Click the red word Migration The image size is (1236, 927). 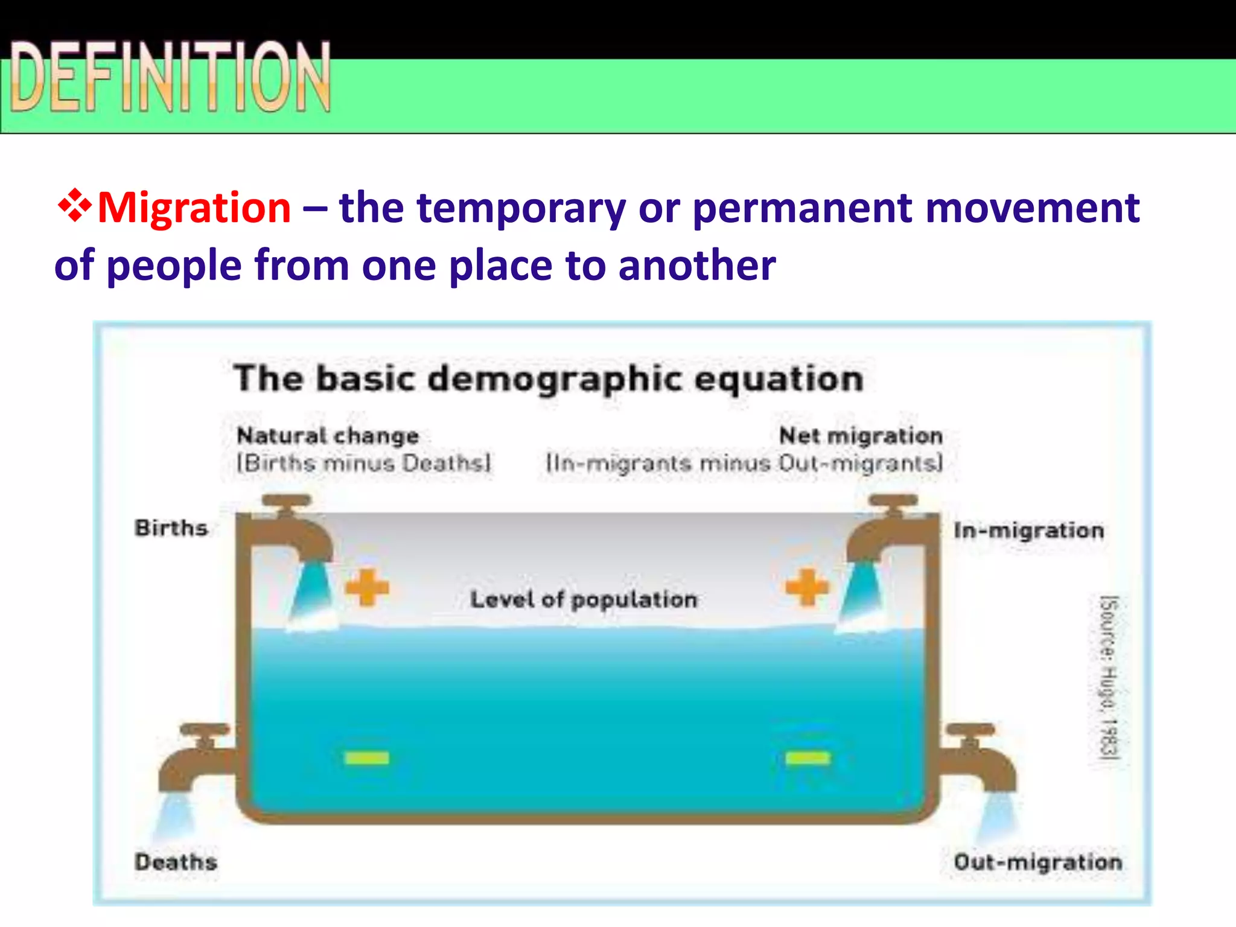coord(194,208)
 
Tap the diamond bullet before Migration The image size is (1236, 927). coord(74,206)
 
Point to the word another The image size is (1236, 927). coord(697,266)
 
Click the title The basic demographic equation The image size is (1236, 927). coord(549,379)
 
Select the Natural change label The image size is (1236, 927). coord(328,435)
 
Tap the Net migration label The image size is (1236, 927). coord(861,435)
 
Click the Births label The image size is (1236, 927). coord(171,528)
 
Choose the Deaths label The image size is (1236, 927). coord(176,862)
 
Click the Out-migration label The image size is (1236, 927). coord(1037,862)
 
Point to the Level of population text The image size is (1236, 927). coord(584,599)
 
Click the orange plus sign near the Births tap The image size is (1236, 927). coord(367,587)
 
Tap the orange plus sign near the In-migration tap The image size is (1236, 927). coord(808,587)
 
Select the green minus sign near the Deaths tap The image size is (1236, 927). coord(367,758)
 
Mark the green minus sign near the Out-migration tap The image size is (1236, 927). coord(808,758)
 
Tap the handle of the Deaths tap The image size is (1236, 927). coord(205,730)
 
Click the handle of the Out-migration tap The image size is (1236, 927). coord(970,730)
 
